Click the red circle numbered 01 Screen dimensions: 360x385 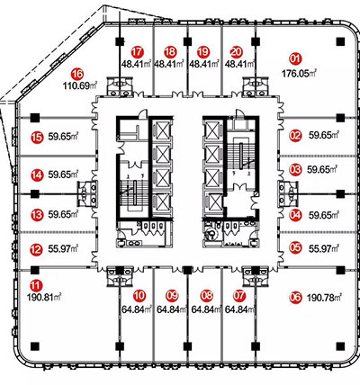(295, 58)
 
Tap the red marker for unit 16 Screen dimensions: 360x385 (77, 74)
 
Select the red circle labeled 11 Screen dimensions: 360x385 (37, 285)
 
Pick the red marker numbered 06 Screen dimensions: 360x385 (295, 298)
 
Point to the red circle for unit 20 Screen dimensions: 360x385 (236, 52)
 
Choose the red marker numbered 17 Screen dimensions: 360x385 (138, 52)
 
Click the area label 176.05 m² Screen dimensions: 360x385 (300, 74)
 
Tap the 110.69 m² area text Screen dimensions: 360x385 (80, 86)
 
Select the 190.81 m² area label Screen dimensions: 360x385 (44, 298)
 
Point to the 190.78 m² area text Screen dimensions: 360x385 (325, 298)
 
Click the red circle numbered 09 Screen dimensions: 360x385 (172, 296)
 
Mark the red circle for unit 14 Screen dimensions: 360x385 (37, 175)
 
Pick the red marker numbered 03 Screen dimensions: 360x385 (295, 170)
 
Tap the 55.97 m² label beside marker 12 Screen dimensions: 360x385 (63, 248)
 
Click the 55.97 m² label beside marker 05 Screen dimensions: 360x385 (324, 248)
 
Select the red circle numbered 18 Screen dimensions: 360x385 (170, 52)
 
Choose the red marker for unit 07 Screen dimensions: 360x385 (239, 296)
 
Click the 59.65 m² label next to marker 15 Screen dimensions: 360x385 (63, 137)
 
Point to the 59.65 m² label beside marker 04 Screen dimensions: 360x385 (324, 215)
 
